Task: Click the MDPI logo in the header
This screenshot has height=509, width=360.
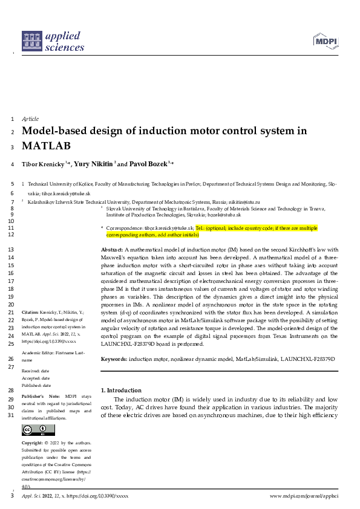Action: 327,41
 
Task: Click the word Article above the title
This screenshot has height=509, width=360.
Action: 30,119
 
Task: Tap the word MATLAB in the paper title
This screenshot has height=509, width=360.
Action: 46,146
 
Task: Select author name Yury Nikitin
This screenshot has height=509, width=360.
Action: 93,164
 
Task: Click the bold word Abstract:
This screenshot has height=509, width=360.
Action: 111,249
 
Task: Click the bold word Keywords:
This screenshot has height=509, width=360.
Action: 114,359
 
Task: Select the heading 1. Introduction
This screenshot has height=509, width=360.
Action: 121,391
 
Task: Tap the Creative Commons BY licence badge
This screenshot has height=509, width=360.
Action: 34,430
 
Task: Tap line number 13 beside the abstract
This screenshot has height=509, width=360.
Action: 12,249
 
